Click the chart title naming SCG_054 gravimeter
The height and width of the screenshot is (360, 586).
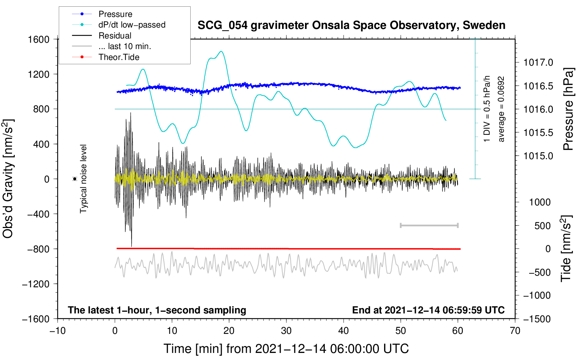click(x=351, y=25)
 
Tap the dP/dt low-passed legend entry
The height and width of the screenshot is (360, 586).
click(x=132, y=25)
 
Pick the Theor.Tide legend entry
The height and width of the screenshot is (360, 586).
click(x=119, y=57)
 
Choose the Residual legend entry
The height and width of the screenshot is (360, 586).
click(x=115, y=36)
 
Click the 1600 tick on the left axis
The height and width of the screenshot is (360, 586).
click(x=38, y=39)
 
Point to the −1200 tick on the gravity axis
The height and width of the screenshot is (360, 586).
click(x=36, y=284)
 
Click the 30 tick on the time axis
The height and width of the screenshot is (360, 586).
click(x=286, y=331)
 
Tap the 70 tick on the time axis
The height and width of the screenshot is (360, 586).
click(x=515, y=331)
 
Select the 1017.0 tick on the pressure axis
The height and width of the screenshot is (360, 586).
click(x=538, y=63)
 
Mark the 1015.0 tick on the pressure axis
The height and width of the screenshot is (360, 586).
click(x=538, y=156)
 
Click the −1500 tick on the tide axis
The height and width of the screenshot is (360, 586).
click(x=537, y=319)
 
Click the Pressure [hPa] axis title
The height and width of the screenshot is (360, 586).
click(x=568, y=109)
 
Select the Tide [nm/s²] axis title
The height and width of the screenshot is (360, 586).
click(x=566, y=248)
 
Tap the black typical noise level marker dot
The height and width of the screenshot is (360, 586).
click(x=75, y=179)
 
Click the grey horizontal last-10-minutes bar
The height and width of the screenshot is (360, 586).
click(x=429, y=226)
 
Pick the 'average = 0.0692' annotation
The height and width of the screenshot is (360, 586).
click(x=501, y=109)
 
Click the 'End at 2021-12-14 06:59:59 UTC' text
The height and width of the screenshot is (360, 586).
click(x=428, y=310)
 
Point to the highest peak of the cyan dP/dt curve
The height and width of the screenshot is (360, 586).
click(x=221, y=51)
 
